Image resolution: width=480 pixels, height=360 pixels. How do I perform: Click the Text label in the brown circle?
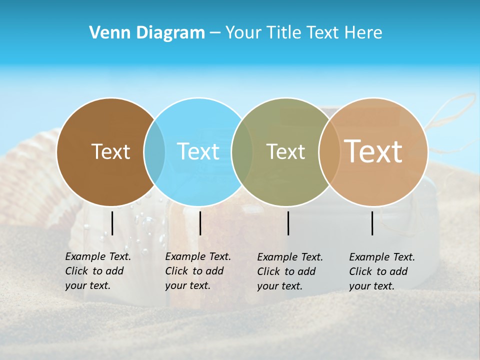coord(110,151)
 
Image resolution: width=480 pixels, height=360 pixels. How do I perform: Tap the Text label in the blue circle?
coord(198,151)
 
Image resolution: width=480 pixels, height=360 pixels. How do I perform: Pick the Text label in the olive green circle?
coord(285,151)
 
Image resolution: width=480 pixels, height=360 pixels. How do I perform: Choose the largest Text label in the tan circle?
coord(373,151)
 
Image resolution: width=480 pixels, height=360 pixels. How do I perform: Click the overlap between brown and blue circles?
coord(154,152)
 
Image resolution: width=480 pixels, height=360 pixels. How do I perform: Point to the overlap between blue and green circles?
coord(242,152)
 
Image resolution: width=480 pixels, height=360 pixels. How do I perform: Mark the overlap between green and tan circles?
coord(328,152)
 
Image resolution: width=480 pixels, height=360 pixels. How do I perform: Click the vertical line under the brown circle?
coord(112,223)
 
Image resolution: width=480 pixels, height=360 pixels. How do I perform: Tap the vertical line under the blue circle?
coord(200,223)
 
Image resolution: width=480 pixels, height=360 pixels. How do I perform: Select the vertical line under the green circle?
coord(288,223)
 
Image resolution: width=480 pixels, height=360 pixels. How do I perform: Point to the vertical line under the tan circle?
coord(372,223)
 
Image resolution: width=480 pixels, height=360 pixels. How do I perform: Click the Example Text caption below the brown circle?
coord(97,271)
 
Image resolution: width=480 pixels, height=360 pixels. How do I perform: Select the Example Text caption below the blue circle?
coord(197,271)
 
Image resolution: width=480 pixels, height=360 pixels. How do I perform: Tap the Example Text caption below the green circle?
coord(289,271)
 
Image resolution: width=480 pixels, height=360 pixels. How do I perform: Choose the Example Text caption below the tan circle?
coord(381,271)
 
